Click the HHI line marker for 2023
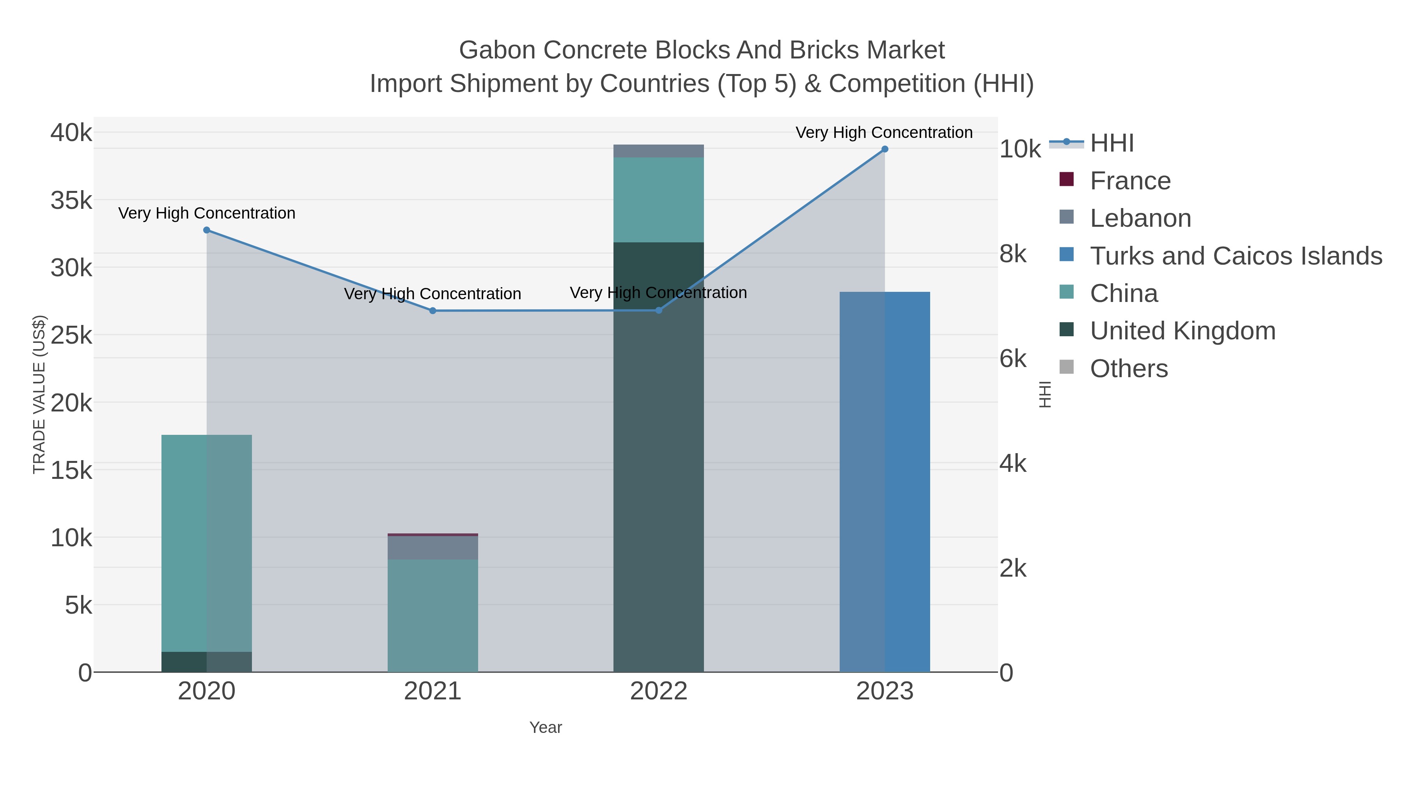coord(884,149)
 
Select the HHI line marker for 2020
coord(207,230)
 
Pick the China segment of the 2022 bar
coord(658,200)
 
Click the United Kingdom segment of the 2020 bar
coord(207,662)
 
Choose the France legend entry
coord(1130,181)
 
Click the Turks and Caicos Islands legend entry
coord(1236,256)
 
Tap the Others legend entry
coord(1128,369)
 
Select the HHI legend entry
coord(1112,143)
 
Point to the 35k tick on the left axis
coord(71,200)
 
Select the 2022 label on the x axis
coord(658,692)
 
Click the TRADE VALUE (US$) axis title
coord(39,394)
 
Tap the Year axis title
coord(546,727)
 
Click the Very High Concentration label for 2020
coord(207,213)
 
